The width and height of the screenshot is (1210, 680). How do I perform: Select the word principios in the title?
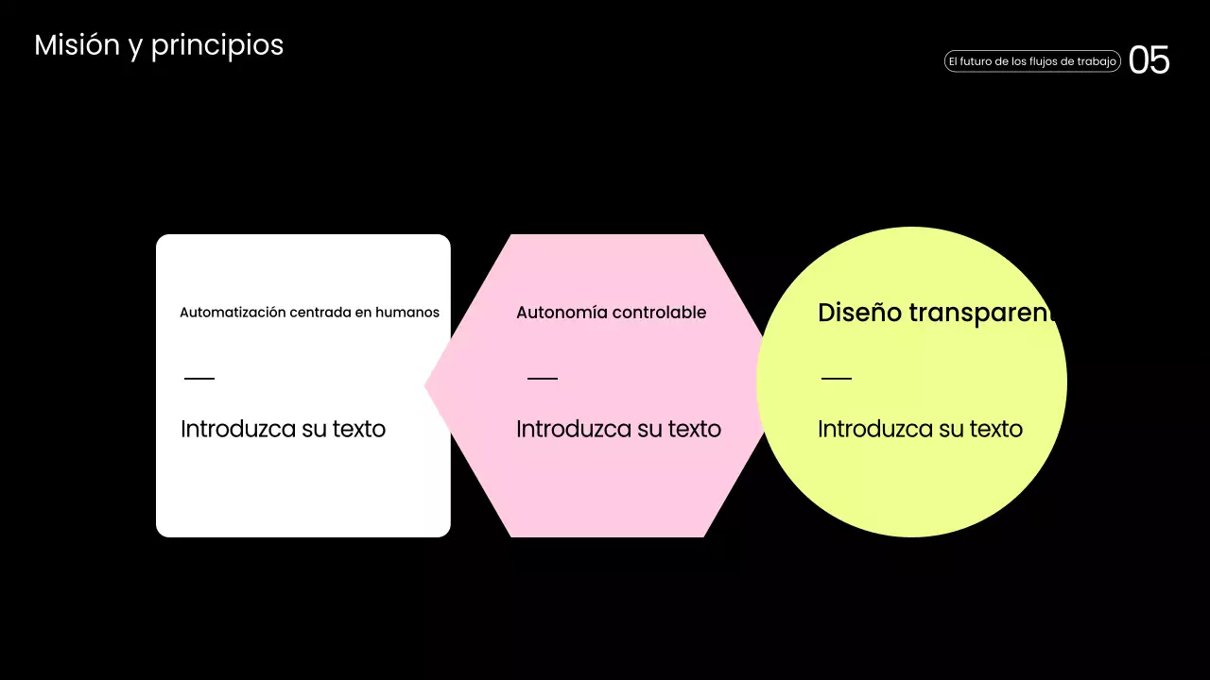[x=216, y=46]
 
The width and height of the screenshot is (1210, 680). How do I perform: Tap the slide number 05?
[x=1149, y=61]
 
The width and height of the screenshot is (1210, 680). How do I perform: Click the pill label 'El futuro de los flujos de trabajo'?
[x=1032, y=61]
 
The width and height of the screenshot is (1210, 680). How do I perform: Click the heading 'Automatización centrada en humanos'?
[x=309, y=313]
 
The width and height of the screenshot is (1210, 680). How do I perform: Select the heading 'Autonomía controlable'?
[x=611, y=313]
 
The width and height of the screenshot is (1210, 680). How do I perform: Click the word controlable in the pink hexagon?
[x=659, y=313]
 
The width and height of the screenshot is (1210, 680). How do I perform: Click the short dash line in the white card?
[x=199, y=379]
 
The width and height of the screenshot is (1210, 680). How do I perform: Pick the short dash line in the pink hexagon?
[x=543, y=379]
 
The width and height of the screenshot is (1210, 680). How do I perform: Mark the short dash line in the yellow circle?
[x=837, y=379]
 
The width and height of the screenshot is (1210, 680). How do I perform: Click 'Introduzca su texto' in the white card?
[x=283, y=429]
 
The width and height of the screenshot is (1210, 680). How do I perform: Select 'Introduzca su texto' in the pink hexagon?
[x=618, y=429]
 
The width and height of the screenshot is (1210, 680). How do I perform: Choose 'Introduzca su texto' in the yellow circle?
[x=920, y=429]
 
